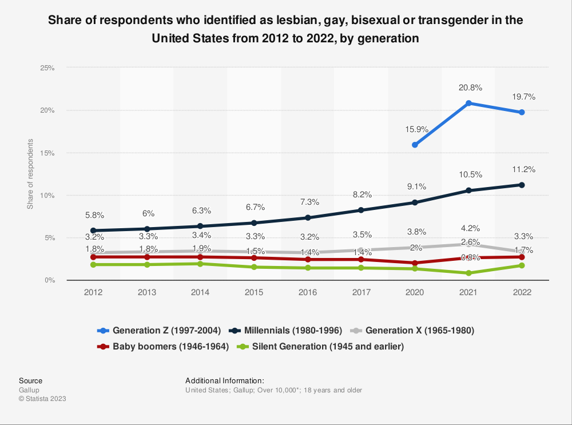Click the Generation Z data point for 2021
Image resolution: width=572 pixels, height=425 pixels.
468,103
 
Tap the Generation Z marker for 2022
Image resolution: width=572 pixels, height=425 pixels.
522,112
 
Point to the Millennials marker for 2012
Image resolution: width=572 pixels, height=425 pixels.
93,231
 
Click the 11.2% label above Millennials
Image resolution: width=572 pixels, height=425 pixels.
522,169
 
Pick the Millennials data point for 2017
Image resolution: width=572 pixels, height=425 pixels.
361,210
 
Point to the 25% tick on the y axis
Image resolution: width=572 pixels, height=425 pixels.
47,67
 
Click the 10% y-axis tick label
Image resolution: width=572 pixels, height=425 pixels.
47,195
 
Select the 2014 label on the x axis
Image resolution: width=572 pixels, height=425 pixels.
200,292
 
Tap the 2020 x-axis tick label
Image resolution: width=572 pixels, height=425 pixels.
415,292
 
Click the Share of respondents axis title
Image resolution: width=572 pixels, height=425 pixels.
30,173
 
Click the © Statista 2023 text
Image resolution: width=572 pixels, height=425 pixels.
42,399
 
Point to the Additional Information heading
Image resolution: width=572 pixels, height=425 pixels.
225,380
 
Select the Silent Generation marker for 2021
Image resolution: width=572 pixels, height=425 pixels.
468,273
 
